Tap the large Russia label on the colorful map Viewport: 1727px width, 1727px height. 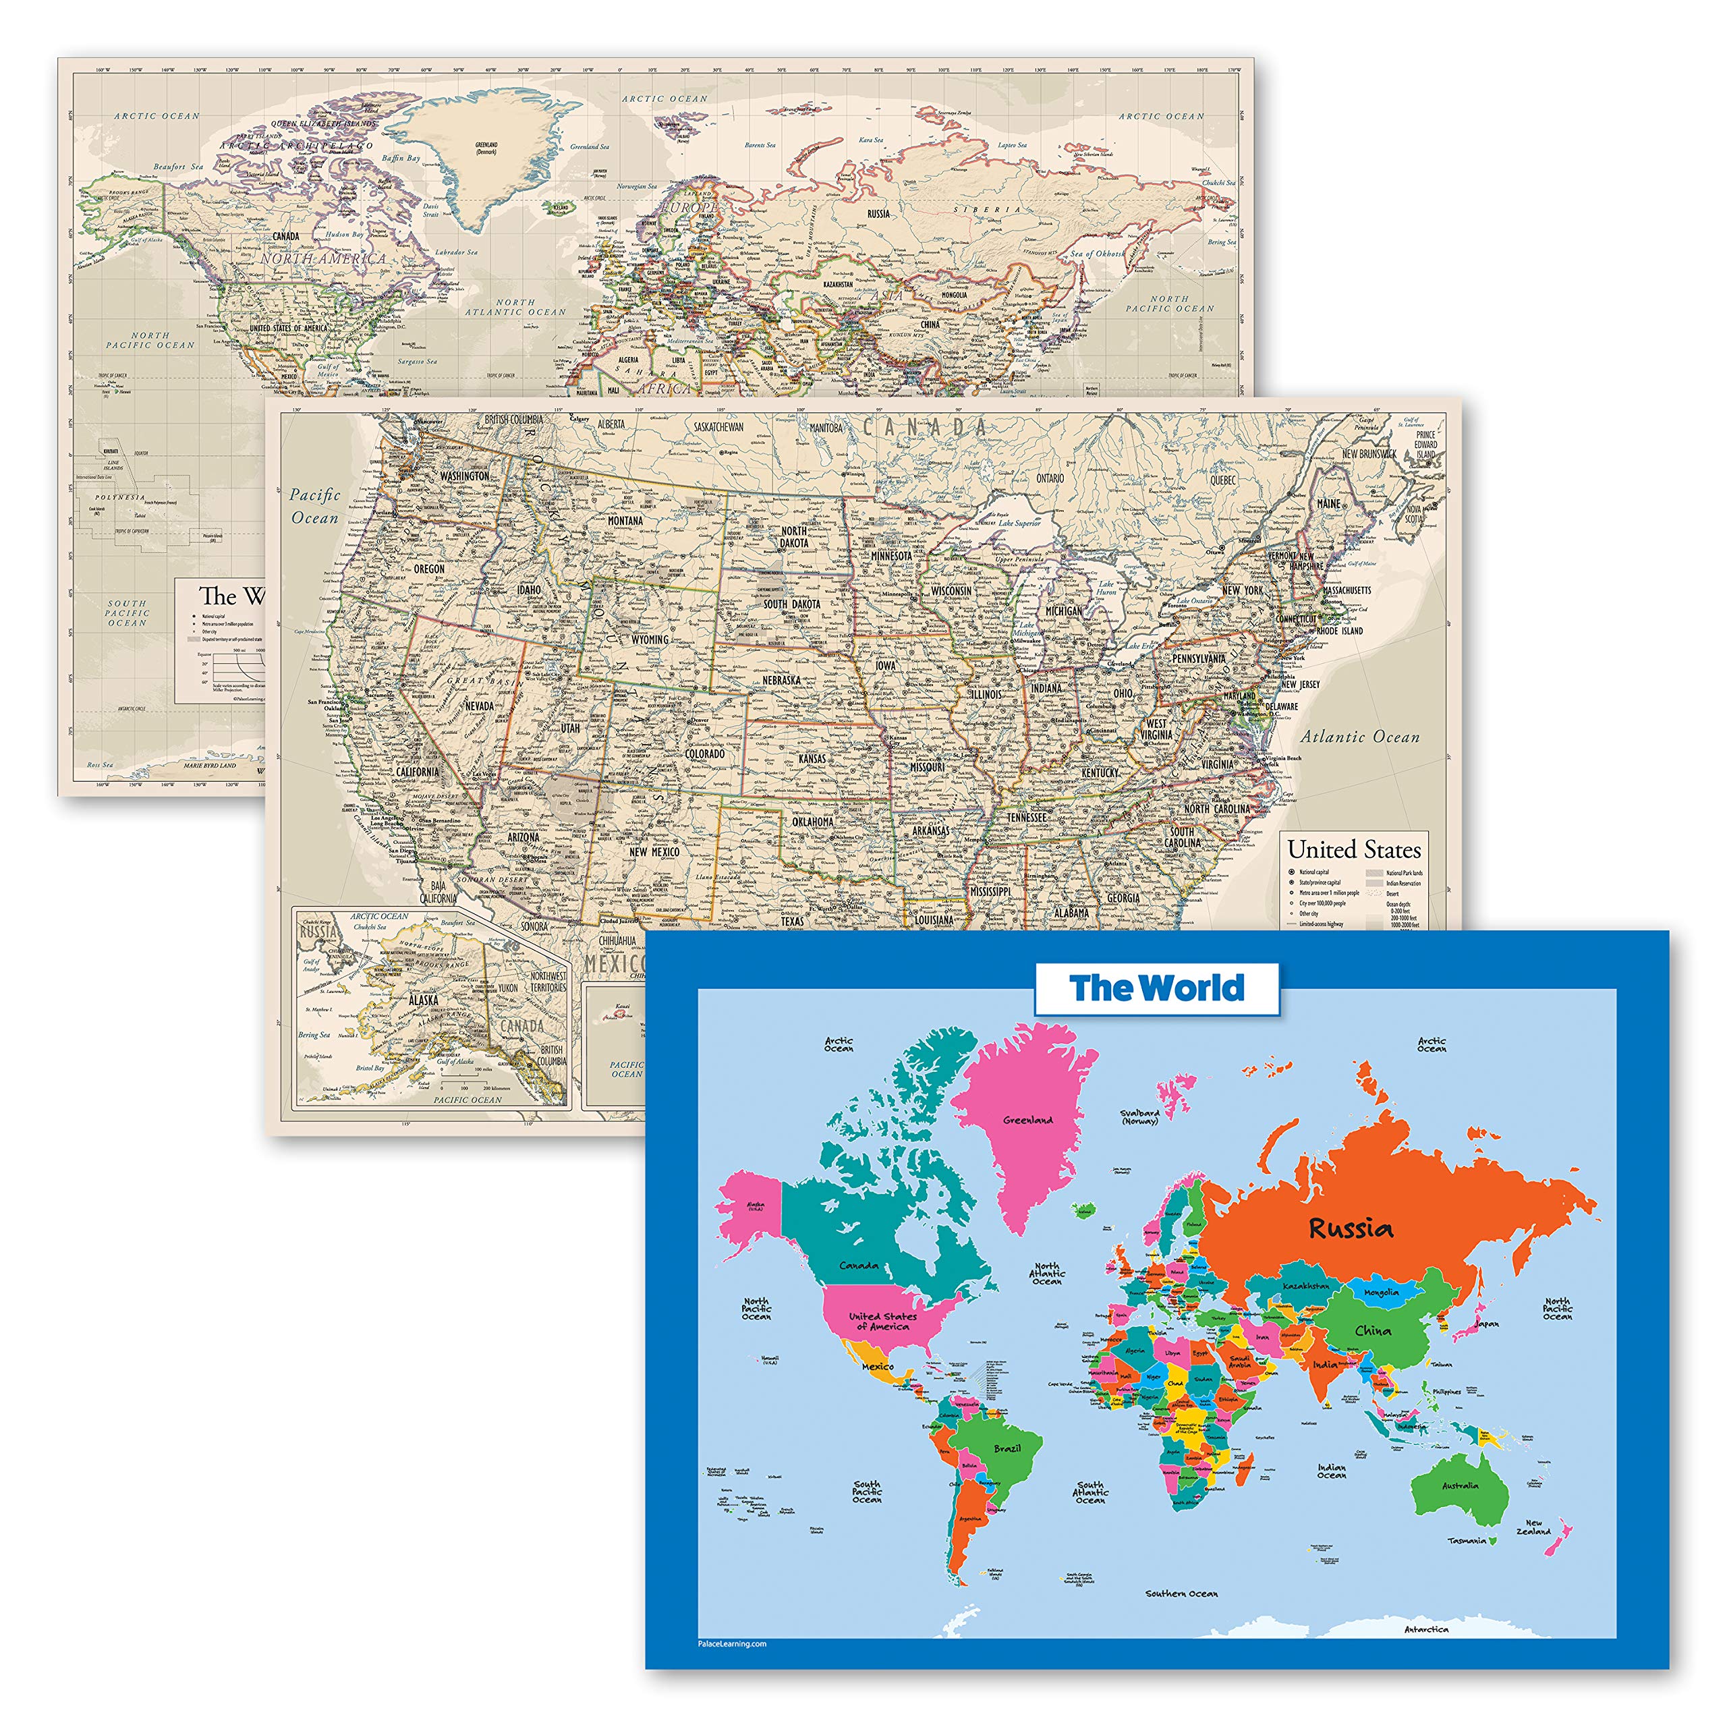pos(1350,1228)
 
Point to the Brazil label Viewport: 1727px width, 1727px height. pos(1007,1448)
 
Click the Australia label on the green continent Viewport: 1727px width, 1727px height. pos(1460,1485)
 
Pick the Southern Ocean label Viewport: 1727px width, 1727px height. pos(1181,1593)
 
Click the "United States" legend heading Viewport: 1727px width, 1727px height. pos(1353,849)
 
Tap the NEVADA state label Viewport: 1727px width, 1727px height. pos(479,706)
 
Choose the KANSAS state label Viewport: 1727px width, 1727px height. pos(812,759)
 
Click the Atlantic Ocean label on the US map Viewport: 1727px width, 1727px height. pos(1359,737)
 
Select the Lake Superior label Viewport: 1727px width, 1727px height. pos(1020,523)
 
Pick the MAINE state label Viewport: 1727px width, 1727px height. pos(1328,504)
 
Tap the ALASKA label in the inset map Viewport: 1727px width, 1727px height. pos(424,1000)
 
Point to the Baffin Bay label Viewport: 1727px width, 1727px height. pos(401,159)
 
